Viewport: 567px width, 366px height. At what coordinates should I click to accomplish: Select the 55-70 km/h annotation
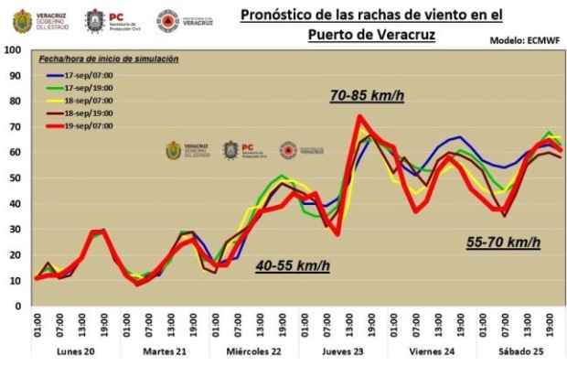coord(502,242)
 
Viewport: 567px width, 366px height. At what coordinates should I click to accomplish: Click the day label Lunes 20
coord(77,351)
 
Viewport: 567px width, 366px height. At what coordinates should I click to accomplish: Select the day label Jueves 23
coord(344,351)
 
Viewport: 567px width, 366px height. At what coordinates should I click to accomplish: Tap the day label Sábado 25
coord(521,351)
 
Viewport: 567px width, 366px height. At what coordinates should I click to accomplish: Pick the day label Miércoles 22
coord(254,351)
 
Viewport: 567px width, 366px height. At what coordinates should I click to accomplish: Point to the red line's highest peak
coord(360,116)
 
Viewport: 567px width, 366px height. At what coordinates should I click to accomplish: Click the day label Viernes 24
coord(433,351)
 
